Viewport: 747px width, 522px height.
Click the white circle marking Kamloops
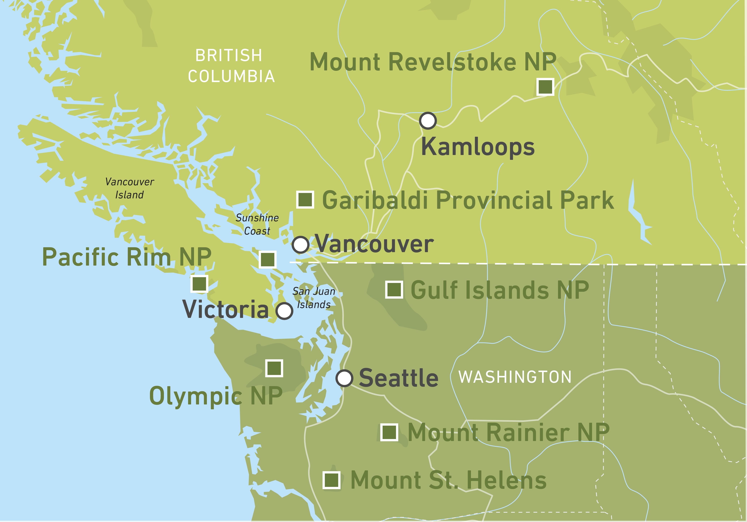[x=427, y=121]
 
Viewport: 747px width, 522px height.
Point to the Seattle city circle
[x=344, y=378]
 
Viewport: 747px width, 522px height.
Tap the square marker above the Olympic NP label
[x=274, y=368]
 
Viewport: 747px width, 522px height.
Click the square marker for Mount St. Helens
[x=332, y=480]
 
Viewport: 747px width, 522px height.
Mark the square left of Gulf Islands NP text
[x=394, y=290]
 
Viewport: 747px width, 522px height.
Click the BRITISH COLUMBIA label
[x=231, y=66]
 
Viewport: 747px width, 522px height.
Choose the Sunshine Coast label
[x=257, y=224]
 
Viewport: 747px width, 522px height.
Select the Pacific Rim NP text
[x=127, y=257]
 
